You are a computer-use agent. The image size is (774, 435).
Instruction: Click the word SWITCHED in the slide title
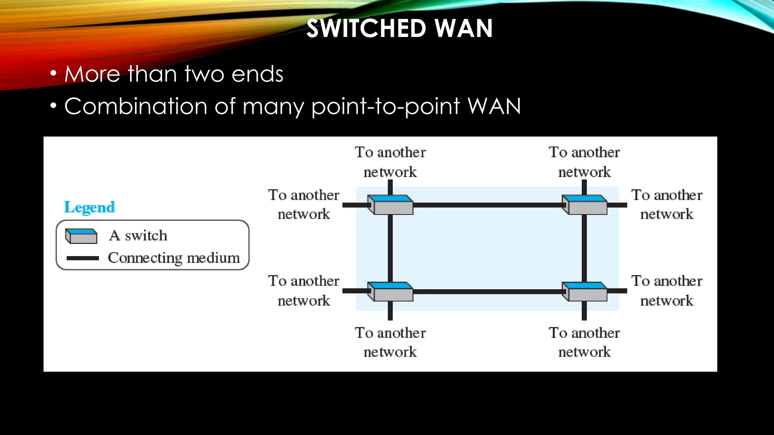366,29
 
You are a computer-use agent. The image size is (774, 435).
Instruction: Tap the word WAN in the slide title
464,29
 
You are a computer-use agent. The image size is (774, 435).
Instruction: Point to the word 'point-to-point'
385,107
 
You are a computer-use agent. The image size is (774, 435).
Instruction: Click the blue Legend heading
89,207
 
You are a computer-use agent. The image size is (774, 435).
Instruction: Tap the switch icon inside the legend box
81,236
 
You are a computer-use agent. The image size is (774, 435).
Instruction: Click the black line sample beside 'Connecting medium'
82,258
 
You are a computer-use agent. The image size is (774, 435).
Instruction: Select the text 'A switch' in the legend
138,236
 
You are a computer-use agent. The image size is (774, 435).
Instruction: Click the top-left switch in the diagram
390,205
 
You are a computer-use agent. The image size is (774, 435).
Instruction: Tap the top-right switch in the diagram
584,205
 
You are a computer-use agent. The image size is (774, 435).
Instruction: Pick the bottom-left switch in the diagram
390,292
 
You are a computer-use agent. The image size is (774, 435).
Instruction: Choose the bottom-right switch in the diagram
584,292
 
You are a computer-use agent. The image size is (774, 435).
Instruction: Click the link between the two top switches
488,205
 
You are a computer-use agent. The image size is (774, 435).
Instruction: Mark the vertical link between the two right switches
584,248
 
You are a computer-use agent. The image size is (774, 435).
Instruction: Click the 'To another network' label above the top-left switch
390,162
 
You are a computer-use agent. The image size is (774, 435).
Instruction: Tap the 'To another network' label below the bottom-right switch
584,342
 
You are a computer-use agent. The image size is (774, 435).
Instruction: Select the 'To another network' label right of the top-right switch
667,204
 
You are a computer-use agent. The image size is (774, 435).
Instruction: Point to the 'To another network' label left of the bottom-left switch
303,291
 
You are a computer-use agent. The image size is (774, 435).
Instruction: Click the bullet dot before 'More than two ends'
53,74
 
